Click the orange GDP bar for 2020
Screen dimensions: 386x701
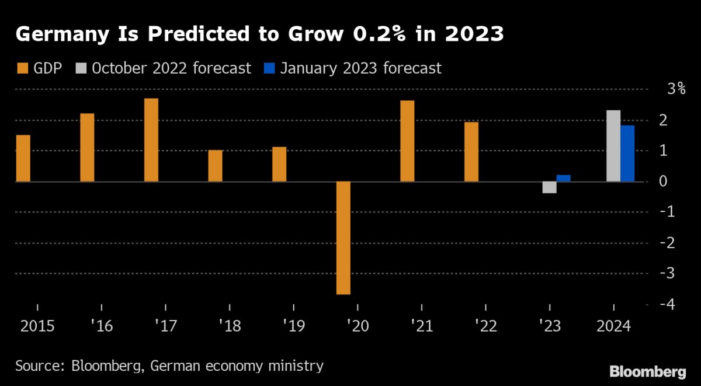coord(343,238)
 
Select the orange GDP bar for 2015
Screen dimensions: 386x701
coord(23,158)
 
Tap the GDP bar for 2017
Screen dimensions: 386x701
coord(151,140)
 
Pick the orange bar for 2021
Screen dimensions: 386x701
coord(407,141)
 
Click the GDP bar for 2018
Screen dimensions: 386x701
coord(215,166)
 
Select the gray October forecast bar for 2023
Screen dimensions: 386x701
coord(549,187)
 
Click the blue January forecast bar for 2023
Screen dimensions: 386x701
coord(563,178)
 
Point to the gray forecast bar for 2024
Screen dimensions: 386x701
coord(613,146)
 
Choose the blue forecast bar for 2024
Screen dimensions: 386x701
coord(627,154)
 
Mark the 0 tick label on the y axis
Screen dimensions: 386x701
coord(664,181)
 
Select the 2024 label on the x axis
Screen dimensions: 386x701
coord(613,325)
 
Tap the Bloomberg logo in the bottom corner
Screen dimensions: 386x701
coord(648,371)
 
